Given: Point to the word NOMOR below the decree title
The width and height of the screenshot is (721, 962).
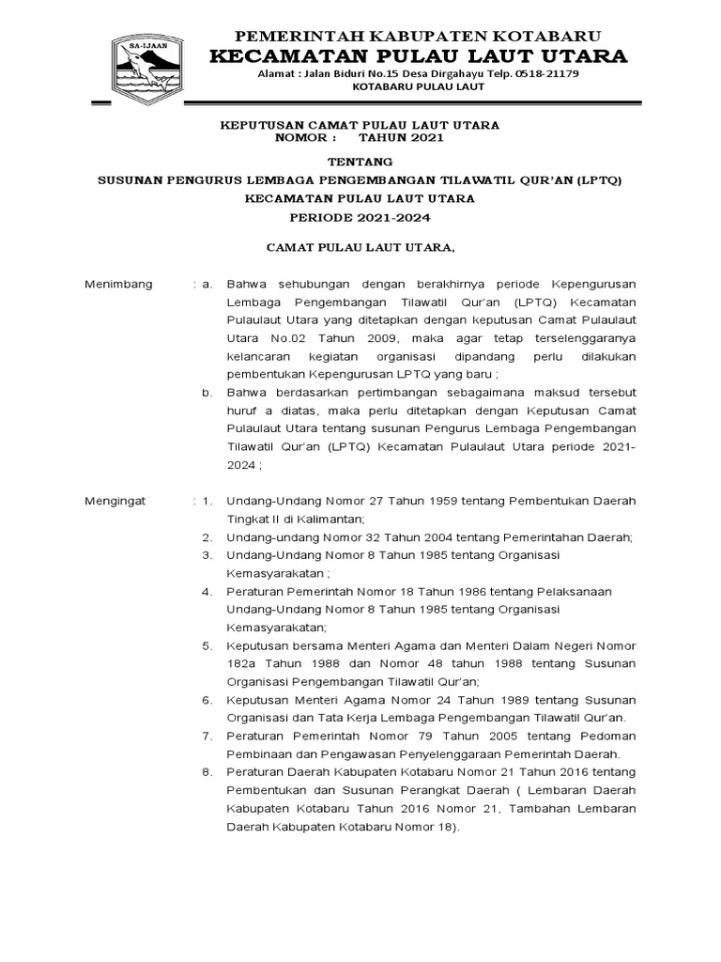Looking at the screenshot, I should pos(298,137).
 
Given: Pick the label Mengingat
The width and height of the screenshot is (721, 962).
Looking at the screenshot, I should pos(116,502).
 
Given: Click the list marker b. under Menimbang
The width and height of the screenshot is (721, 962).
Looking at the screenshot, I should pos(209,393).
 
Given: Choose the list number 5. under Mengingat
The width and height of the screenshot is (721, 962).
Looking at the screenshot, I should pos(209,645).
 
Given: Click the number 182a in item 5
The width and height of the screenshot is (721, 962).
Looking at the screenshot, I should pos(242,663).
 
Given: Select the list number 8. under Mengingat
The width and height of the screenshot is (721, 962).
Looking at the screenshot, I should pos(209,772).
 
